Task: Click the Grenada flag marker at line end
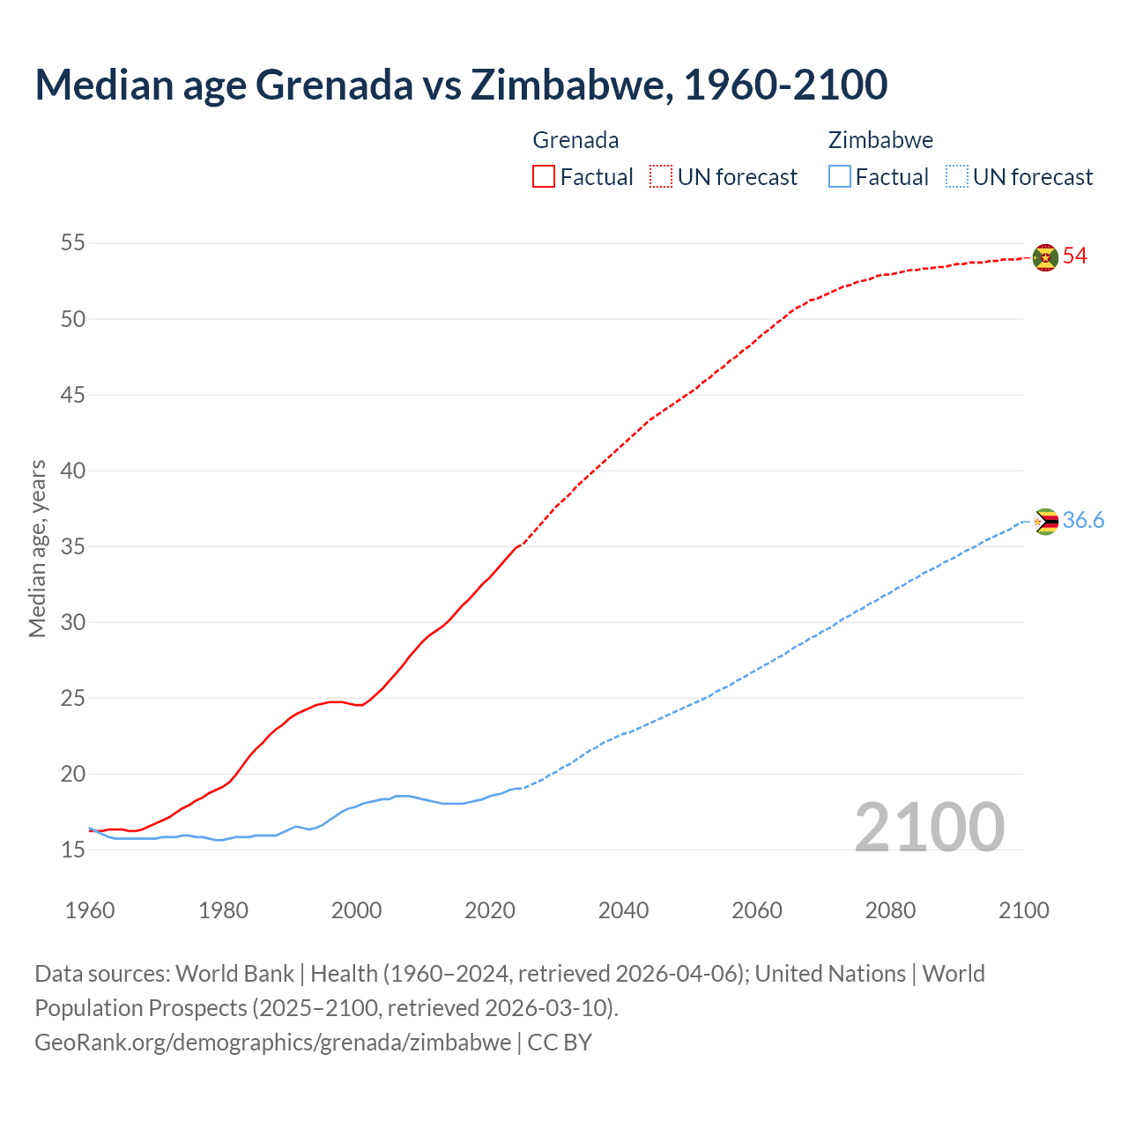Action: [x=1045, y=257]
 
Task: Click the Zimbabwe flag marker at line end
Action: [x=1045, y=522]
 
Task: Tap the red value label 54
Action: [x=1075, y=256]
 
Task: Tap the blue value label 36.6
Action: [x=1083, y=521]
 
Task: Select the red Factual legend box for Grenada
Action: [x=544, y=177]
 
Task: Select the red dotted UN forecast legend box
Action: [x=661, y=177]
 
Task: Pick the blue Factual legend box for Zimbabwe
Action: [x=840, y=177]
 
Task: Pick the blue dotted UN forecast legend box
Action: [x=957, y=177]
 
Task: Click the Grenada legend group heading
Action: [x=575, y=140]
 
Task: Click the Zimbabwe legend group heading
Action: [x=880, y=140]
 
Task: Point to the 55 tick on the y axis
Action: [x=73, y=243]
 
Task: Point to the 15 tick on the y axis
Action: [x=73, y=850]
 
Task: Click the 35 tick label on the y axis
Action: [x=73, y=546]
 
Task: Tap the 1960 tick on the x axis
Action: [x=90, y=910]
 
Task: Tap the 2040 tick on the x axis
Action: [x=623, y=910]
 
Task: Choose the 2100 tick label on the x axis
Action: [x=1023, y=910]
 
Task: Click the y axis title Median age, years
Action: [x=37, y=547]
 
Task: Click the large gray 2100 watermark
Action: [x=930, y=827]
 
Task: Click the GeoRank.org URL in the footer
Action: [x=272, y=1043]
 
